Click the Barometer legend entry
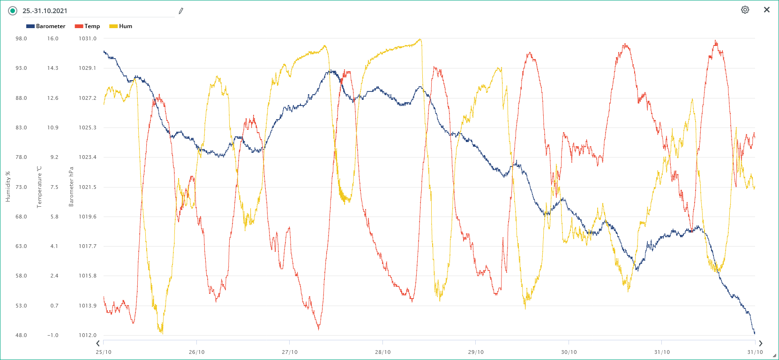click(x=46, y=26)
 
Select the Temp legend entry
click(x=88, y=26)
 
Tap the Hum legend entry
click(x=121, y=26)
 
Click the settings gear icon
click(x=745, y=10)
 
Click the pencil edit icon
click(x=181, y=11)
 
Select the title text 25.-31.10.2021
click(x=45, y=11)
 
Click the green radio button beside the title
click(x=13, y=11)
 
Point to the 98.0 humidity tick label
click(x=21, y=38)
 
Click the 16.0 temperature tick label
click(x=52, y=38)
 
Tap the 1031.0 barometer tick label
click(x=87, y=38)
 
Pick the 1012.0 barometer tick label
click(x=87, y=335)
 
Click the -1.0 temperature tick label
click(x=52, y=335)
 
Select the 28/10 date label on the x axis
click(x=382, y=352)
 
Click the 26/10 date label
click(x=196, y=352)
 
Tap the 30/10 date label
click(x=569, y=352)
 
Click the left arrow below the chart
click(x=98, y=344)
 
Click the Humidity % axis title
click(x=7, y=187)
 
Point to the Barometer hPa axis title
click(x=71, y=187)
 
